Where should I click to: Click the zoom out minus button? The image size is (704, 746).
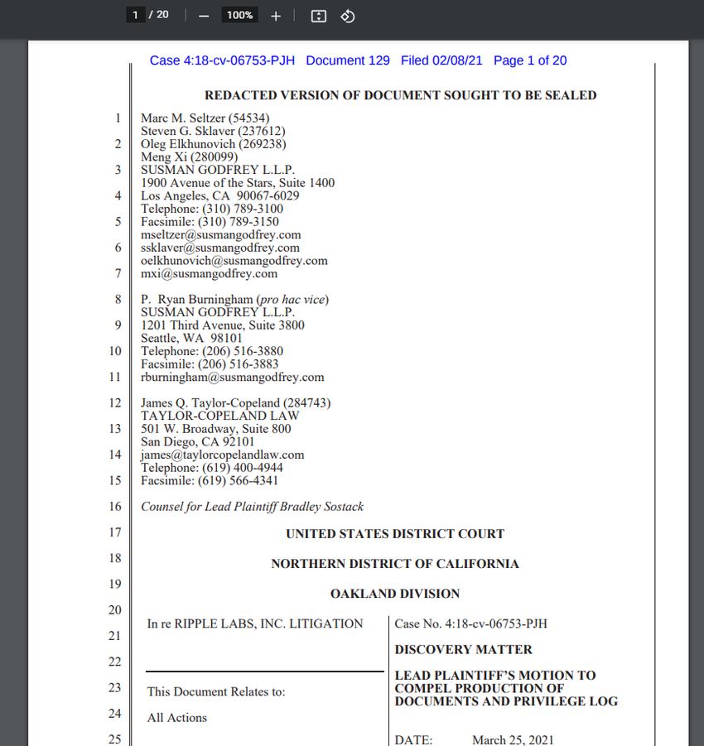[204, 16]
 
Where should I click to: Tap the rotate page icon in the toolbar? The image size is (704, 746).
[348, 16]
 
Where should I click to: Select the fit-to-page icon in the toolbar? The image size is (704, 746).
[319, 16]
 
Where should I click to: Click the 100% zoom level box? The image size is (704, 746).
[239, 15]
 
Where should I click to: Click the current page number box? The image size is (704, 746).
[134, 15]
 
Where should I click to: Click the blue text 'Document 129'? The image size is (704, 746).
[348, 60]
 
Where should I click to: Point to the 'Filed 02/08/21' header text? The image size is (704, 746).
[443, 60]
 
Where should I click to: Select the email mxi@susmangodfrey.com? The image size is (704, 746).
[209, 273]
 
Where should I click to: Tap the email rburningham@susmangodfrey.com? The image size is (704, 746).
[232, 377]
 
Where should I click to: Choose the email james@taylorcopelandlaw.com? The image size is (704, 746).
[222, 455]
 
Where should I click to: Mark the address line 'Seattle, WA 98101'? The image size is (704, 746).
[191, 338]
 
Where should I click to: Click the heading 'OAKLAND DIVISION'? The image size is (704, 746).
[394, 594]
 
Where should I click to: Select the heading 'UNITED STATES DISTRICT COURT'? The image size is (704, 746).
[394, 534]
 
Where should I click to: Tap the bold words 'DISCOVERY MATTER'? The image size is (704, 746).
[463, 650]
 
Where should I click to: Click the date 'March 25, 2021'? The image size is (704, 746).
[513, 739]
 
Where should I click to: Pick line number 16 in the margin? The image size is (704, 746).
[115, 507]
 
